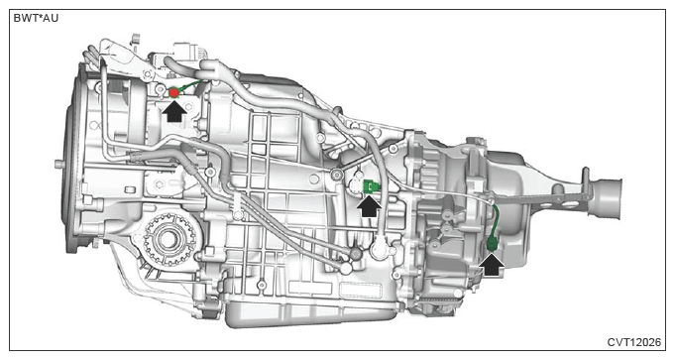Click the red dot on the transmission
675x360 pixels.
click(x=173, y=92)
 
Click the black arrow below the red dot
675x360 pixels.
click(x=174, y=111)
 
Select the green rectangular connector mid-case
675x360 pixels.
click(x=372, y=186)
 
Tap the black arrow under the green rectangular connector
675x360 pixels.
click(x=369, y=206)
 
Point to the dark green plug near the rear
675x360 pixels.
click(x=492, y=244)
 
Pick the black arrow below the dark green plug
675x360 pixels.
click(x=492, y=264)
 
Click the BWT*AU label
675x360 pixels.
click(x=36, y=19)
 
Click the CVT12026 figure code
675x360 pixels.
click(x=633, y=342)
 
